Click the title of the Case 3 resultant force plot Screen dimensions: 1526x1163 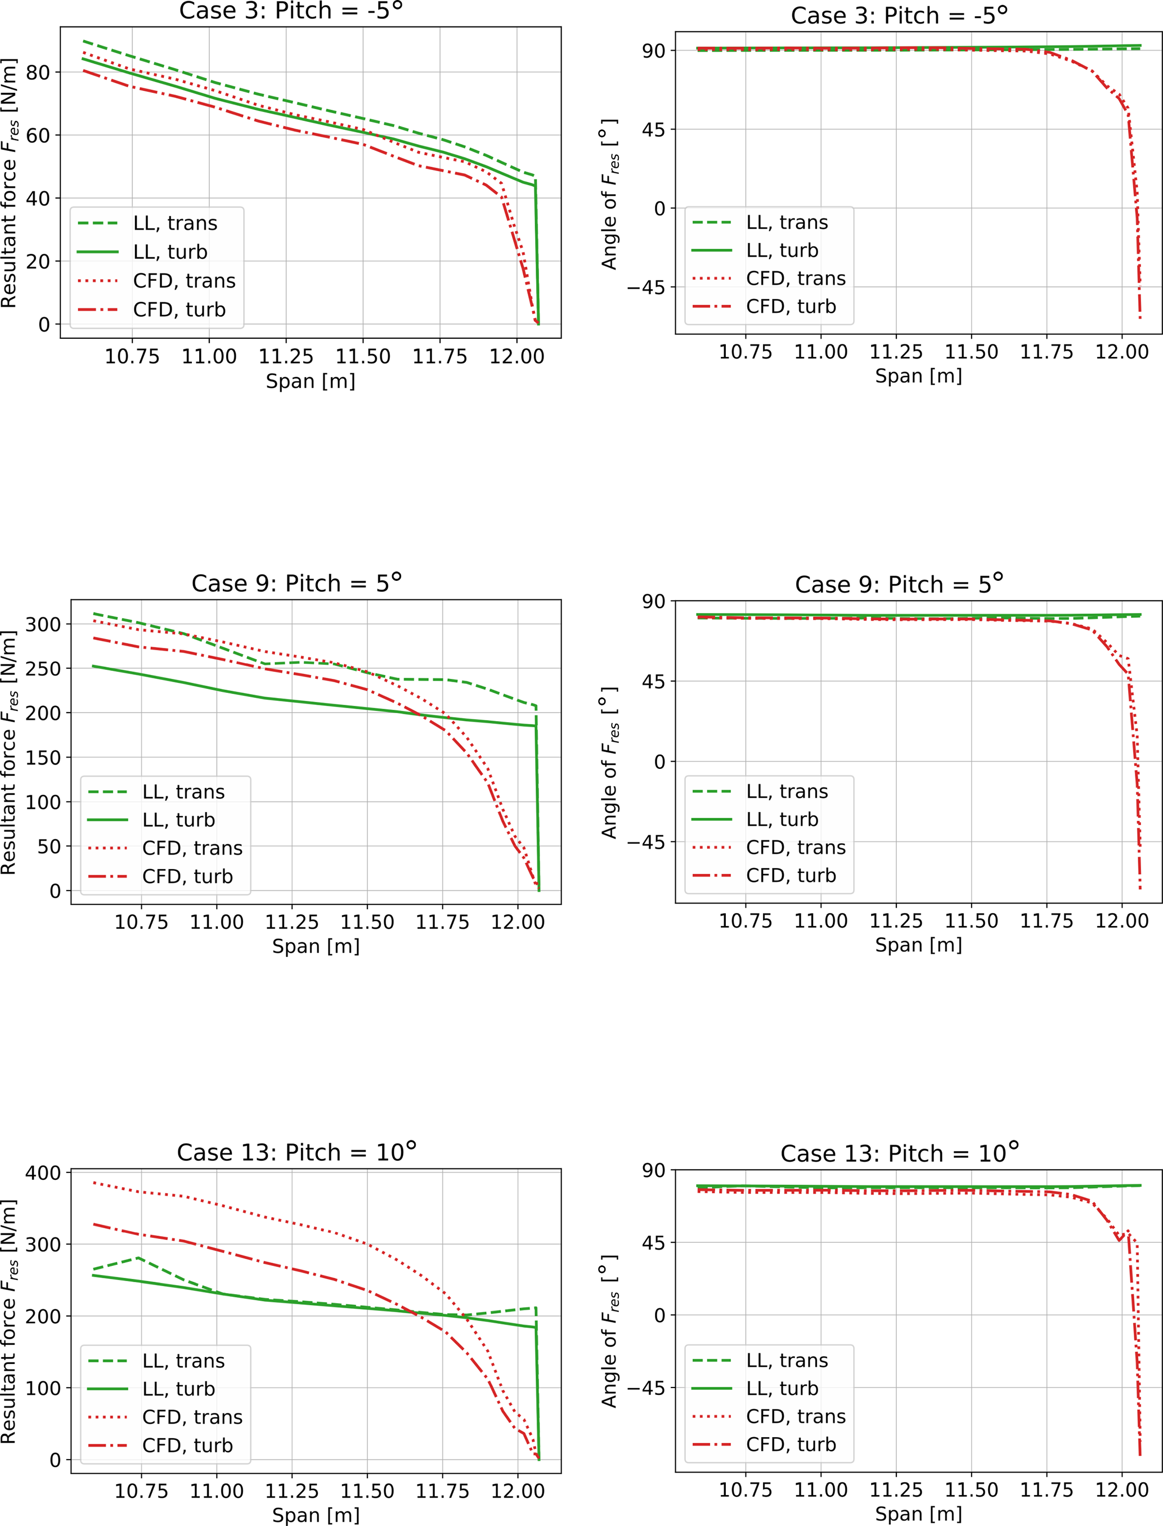coord(291,11)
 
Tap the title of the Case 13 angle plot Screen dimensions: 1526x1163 coord(899,1153)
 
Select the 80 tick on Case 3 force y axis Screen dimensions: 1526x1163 coord(38,73)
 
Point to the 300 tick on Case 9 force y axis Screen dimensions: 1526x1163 coord(43,624)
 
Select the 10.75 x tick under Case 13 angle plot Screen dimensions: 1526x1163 coord(745,1490)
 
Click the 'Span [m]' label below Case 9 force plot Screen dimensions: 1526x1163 coord(316,946)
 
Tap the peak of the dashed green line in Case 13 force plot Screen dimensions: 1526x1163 coord(139,1258)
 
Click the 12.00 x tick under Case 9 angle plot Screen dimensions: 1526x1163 coord(1121,921)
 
